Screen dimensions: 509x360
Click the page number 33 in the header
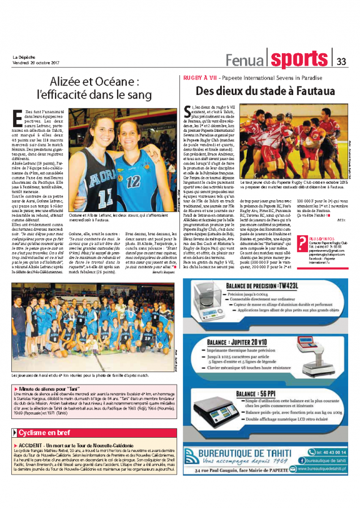(x=341, y=61)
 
